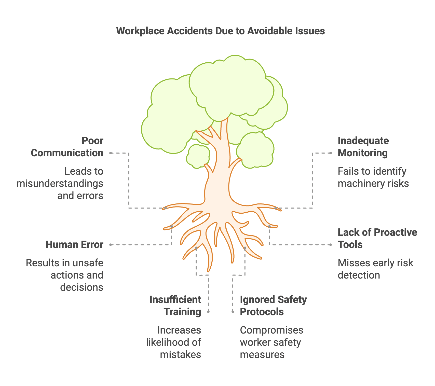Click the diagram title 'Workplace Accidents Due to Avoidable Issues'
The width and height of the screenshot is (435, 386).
point(220,31)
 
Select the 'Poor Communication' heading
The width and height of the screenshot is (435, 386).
point(67,147)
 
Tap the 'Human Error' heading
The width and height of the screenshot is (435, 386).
point(74,245)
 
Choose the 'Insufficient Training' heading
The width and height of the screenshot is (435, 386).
point(175,306)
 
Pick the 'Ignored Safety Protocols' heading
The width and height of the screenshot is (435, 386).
point(273,306)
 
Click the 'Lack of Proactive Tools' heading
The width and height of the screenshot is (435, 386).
point(377,239)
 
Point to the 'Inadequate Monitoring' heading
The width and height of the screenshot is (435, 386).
point(363,147)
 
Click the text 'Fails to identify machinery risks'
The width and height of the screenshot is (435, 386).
point(373,177)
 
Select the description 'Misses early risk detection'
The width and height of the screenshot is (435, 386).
point(375,269)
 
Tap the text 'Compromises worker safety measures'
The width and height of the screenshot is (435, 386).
point(271,342)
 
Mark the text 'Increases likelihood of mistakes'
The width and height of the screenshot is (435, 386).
point(174,342)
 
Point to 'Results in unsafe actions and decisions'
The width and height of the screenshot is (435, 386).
point(65,275)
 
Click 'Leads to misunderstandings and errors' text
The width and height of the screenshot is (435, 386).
point(60,184)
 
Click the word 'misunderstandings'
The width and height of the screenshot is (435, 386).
point(60,184)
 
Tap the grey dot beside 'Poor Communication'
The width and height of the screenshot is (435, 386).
point(111,153)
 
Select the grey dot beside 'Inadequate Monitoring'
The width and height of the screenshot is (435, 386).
point(331,153)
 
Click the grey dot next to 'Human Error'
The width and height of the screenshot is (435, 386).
point(111,245)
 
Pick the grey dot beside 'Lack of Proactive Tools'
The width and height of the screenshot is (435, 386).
point(331,245)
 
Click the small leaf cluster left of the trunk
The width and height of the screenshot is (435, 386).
point(198,156)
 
